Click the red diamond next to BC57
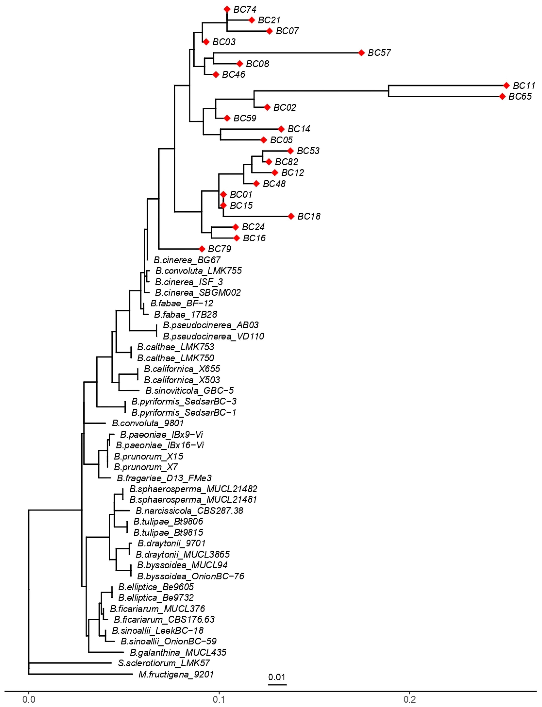click(361, 53)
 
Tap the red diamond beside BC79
click(202, 249)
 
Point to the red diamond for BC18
click(291, 216)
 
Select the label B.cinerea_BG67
click(187, 260)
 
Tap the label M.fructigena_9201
click(176, 674)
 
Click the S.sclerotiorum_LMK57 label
click(164, 663)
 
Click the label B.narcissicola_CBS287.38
click(189, 511)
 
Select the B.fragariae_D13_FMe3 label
click(164, 478)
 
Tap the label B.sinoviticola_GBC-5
click(189, 391)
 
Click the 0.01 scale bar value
click(276, 677)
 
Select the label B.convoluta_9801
click(148, 423)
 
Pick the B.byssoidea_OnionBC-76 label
click(191, 576)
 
